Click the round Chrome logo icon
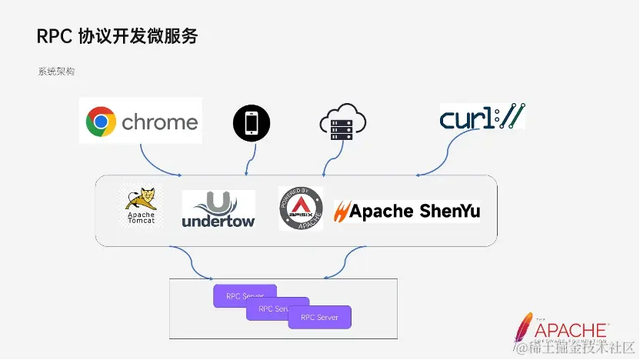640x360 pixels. click(x=101, y=122)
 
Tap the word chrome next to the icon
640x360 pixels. click(x=159, y=122)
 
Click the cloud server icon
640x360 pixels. click(x=342, y=123)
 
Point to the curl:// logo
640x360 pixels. click(x=482, y=117)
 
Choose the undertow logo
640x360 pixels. click(x=218, y=210)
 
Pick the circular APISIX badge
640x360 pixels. click(x=301, y=208)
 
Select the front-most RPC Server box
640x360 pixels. click(x=319, y=317)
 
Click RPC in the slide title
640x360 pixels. click(x=54, y=36)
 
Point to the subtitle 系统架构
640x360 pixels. click(x=56, y=71)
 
